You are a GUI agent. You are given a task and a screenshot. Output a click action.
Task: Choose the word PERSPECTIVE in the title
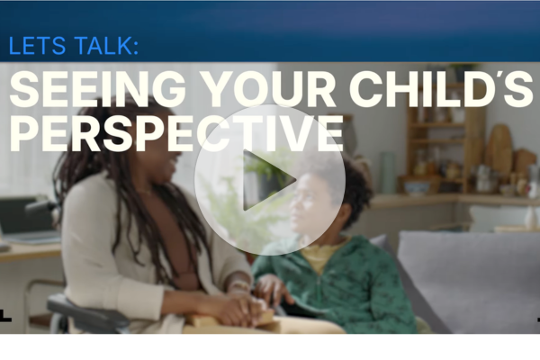pos(176,133)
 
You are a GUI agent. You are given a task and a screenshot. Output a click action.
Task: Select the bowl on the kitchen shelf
pos(418,188)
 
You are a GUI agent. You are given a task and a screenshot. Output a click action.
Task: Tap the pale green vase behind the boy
pos(387,173)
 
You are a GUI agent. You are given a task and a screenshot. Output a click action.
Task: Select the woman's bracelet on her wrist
pos(240,286)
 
